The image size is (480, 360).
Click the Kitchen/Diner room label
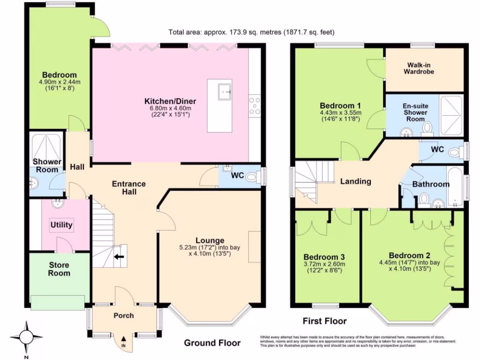pyautogui.click(x=170, y=101)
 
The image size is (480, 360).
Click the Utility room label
pyautogui.click(x=61, y=225)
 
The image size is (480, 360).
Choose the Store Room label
pyautogui.click(x=59, y=269)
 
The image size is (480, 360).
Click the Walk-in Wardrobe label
pyautogui.click(x=420, y=68)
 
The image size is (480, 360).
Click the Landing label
pyautogui.click(x=355, y=181)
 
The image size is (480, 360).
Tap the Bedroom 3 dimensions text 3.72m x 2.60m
pyautogui.click(x=324, y=264)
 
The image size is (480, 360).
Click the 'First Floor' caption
pyautogui.click(x=324, y=321)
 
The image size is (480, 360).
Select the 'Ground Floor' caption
pyautogui.click(x=212, y=343)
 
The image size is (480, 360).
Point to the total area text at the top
pyautogui.click(x=251, y=32)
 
